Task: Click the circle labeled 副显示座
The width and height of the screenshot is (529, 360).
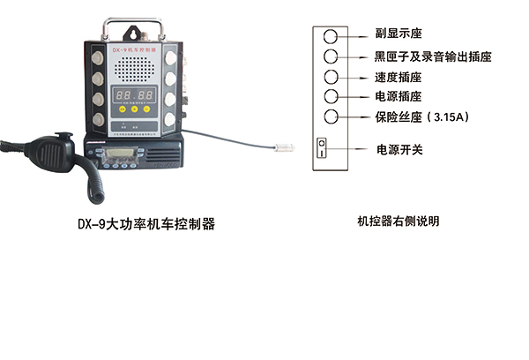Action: [331, 36]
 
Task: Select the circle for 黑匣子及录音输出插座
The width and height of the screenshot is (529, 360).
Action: [331, 56]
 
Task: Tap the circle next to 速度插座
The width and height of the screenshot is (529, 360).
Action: [331, 77]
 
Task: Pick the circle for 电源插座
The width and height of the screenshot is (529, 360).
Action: [331, 96]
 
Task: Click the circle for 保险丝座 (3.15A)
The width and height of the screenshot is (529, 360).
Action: [331, 116]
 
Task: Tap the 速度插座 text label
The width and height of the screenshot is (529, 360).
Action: [397, 77]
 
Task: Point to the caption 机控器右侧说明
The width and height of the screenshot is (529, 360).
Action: [398, 221]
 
